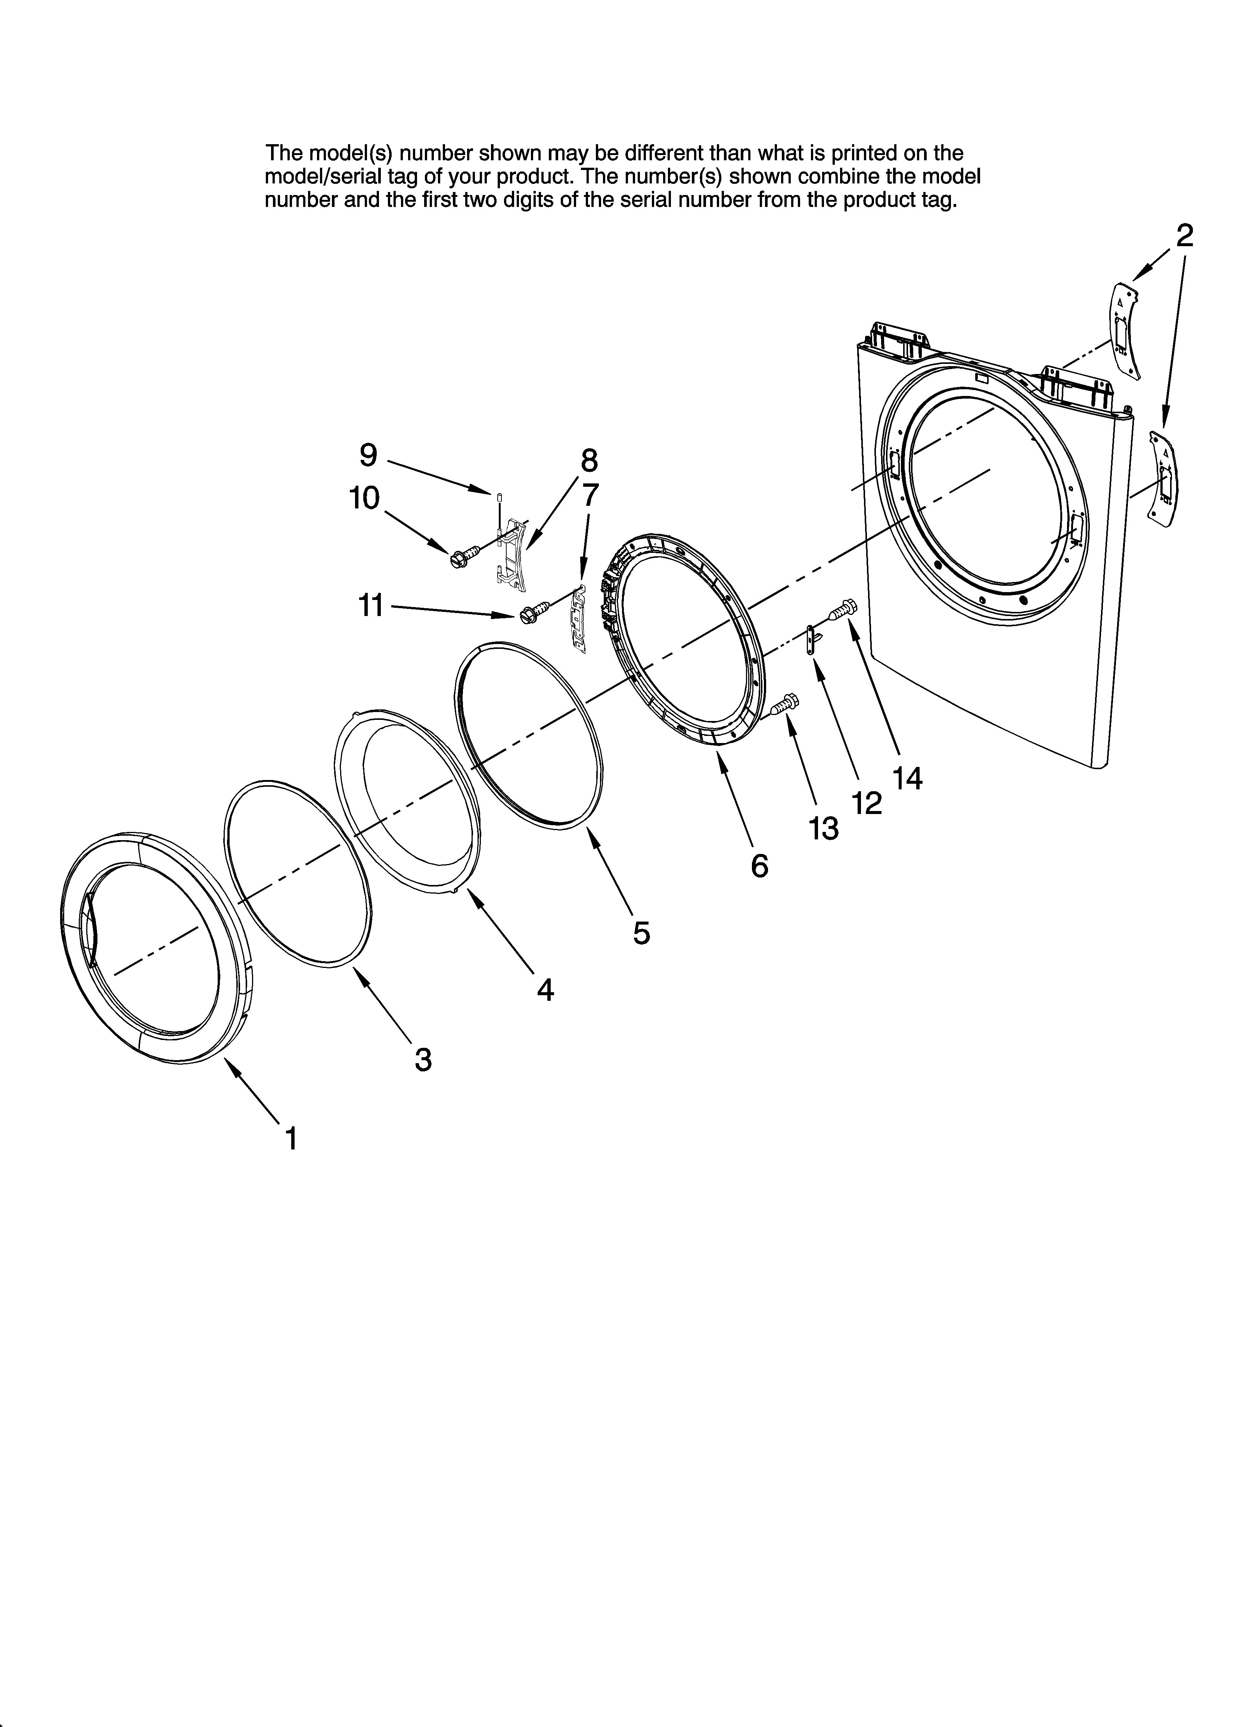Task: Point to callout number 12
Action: pos(867,802)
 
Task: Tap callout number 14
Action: pos(908,777)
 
